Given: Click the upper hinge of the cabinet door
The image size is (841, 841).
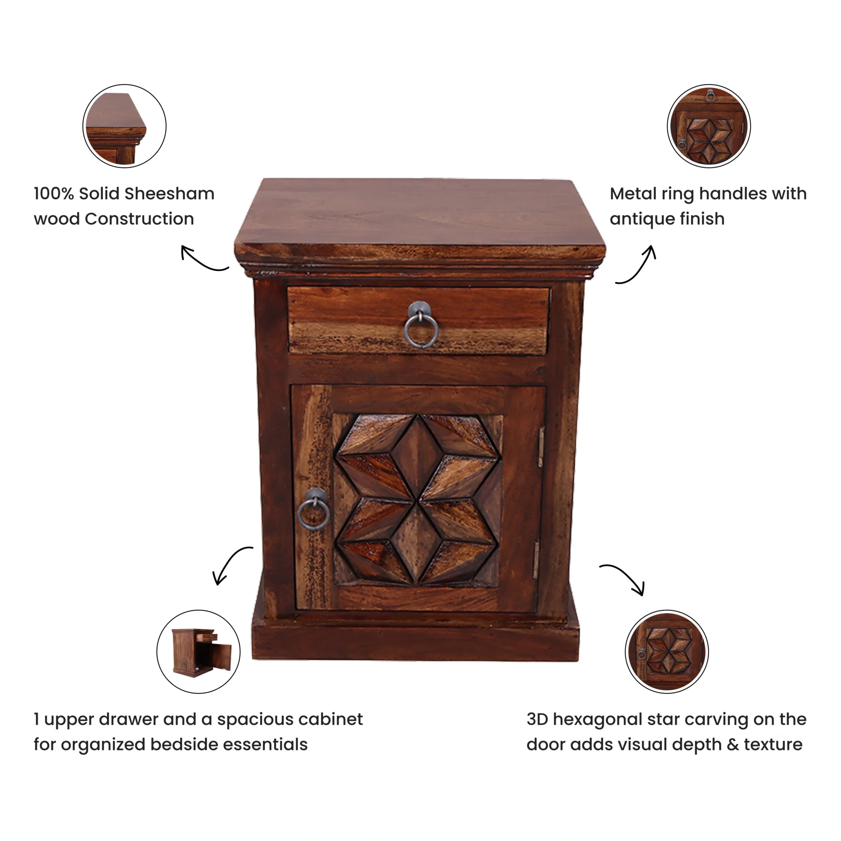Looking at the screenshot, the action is [x=541, y=447].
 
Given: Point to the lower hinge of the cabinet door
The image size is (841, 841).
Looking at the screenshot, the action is [x=535, y=560].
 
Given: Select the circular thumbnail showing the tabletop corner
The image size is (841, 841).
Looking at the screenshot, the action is [x=124, y=126].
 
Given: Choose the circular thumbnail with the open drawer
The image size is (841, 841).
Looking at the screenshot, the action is [x=198, y=652].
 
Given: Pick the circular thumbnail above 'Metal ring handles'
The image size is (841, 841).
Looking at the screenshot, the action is [x=709, y=126].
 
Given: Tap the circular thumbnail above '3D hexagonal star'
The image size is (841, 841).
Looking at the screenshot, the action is [x=667, y=652].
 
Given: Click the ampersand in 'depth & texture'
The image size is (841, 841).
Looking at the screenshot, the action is [x=733, y=745].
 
